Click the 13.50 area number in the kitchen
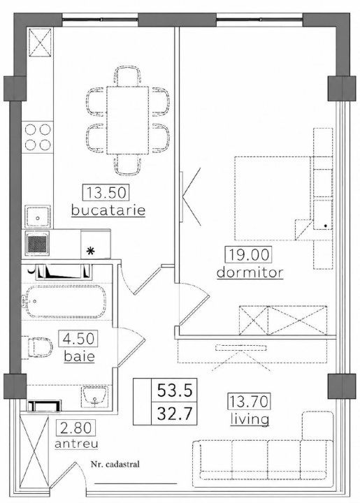pos(106,193)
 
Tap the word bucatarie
pos(108,210)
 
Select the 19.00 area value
pos(248,255)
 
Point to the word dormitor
pos(250,272)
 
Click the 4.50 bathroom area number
pos(78,339)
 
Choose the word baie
pos(79,356)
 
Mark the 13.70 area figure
pos(250,401)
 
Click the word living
pos(250,419)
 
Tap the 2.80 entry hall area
pos(76,428)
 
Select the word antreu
pos(76,444)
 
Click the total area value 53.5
pos(175,391)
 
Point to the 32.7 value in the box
pos(175,414)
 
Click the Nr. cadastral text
pos(115,464)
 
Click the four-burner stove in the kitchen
pos(38,138)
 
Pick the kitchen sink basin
pos(38,217)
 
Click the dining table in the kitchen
pos(128,120)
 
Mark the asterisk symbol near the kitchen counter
pos(91,251)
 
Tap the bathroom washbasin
pos(94,397)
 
